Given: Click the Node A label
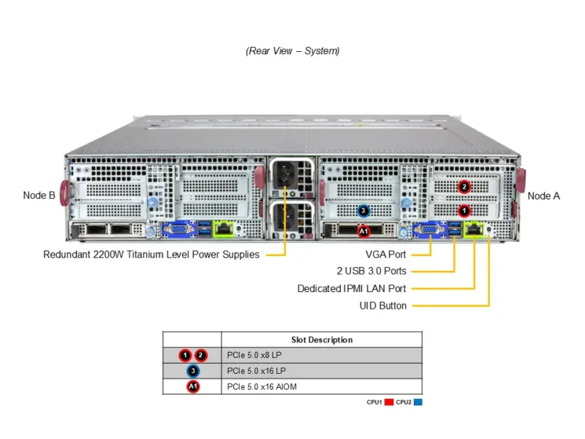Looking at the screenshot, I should click(543, 196).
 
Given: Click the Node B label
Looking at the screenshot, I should click(39, 195).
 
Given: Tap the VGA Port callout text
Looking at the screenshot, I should click(386, 255).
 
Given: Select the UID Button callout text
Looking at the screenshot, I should click(383, 306).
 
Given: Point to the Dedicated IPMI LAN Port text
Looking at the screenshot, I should click(352, 289).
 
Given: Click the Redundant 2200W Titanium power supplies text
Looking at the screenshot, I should click(151, 255).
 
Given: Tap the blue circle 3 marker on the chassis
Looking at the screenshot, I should click(363, 211).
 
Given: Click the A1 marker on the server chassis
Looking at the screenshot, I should click(363, 231).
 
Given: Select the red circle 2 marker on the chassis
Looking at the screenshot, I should click(464, 187).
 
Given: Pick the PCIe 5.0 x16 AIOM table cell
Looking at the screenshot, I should click(263, 386).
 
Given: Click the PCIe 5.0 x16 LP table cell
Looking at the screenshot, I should click(257, 371).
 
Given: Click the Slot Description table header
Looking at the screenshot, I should click(322, 339).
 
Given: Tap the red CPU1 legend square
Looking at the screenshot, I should click(389, 402).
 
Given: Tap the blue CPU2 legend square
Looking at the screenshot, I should click(418, 402).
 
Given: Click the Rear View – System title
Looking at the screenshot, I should click(292, 51).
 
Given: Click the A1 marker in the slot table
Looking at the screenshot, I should click(192, 386).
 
